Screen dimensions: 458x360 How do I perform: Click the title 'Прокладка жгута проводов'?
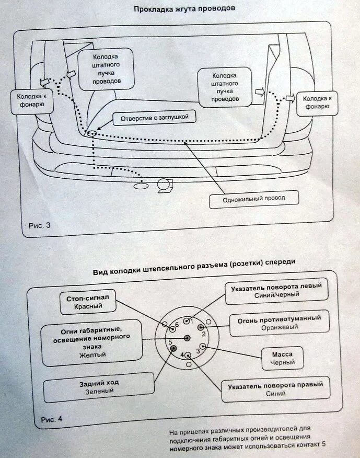coord(180,9)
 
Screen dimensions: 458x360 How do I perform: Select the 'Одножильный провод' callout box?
coord(252,198)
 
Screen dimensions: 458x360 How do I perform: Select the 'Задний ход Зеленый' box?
coord(99,387)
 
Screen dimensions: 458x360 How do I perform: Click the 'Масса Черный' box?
coord(283,358)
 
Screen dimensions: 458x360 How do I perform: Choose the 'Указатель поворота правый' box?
coord(275,389)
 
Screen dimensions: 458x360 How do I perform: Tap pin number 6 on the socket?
coord(173,328)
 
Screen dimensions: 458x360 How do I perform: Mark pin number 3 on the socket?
coord(203,346)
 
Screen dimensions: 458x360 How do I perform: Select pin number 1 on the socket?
coord(187,320)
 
